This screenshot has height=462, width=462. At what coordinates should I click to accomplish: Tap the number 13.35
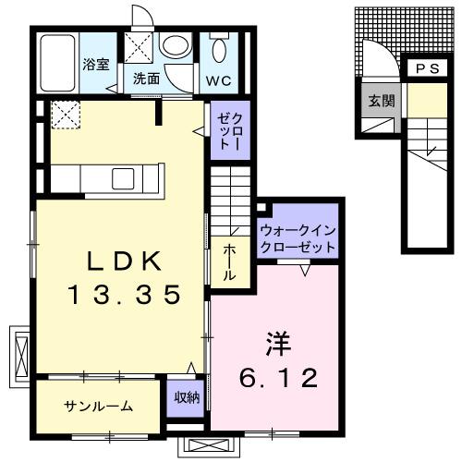(121, 296)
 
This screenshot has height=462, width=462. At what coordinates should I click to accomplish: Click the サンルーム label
(98, 407)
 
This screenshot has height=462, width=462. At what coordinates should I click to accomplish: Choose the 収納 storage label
(186, 398)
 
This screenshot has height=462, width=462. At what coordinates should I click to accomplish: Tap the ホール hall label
(229, 262)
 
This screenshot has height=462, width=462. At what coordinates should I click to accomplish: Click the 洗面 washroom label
(146, 79)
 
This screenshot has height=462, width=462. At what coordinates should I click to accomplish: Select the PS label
(427, 69)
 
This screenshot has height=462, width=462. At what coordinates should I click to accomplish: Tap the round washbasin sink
(174, 46)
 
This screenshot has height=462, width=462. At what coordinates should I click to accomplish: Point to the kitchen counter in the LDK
(107, 176)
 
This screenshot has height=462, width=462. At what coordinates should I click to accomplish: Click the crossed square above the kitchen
(64, 115)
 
